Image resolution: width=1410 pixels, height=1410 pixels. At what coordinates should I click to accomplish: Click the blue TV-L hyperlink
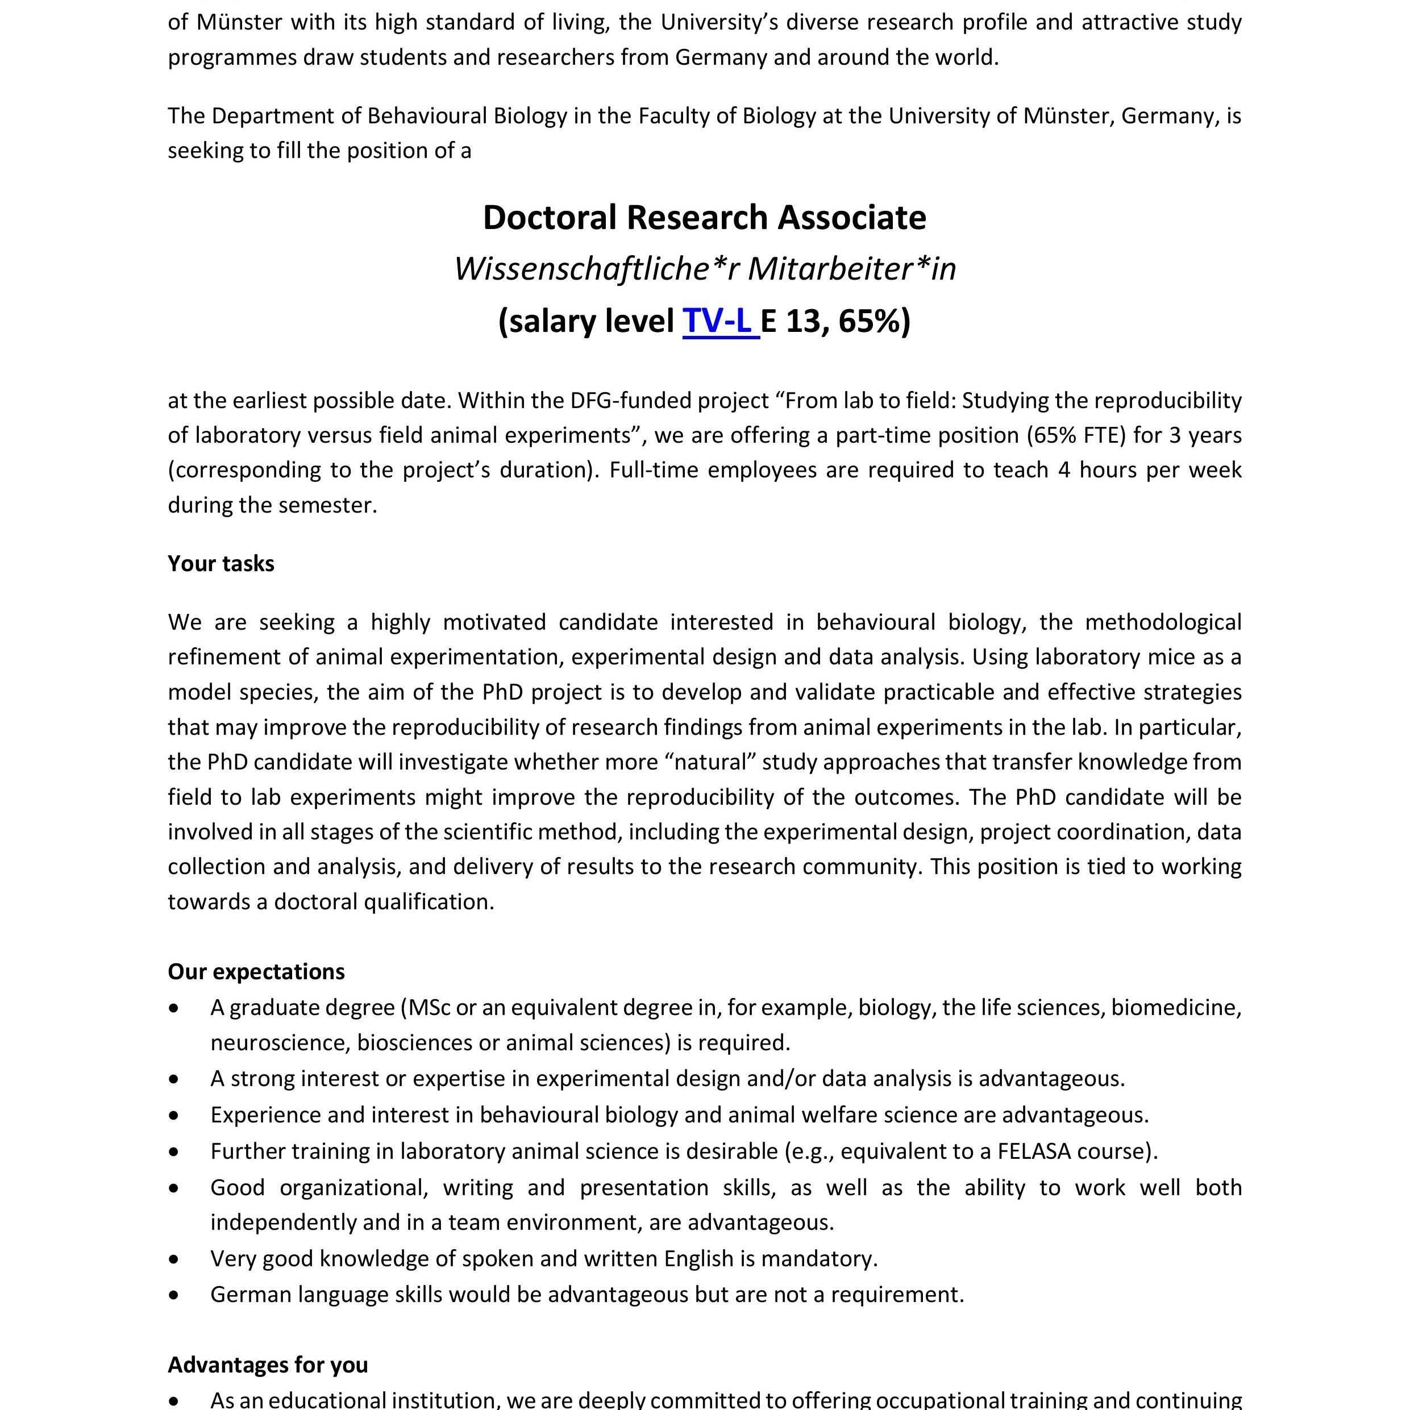click(719, 321)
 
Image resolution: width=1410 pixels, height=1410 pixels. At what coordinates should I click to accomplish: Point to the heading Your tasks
click(221, 563)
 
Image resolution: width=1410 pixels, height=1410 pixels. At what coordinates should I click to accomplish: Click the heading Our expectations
click(256, 971)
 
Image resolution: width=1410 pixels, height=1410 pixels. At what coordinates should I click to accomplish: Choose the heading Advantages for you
click(267, 1365)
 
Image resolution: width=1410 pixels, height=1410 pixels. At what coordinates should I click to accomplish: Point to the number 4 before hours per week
click(1064, 469)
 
